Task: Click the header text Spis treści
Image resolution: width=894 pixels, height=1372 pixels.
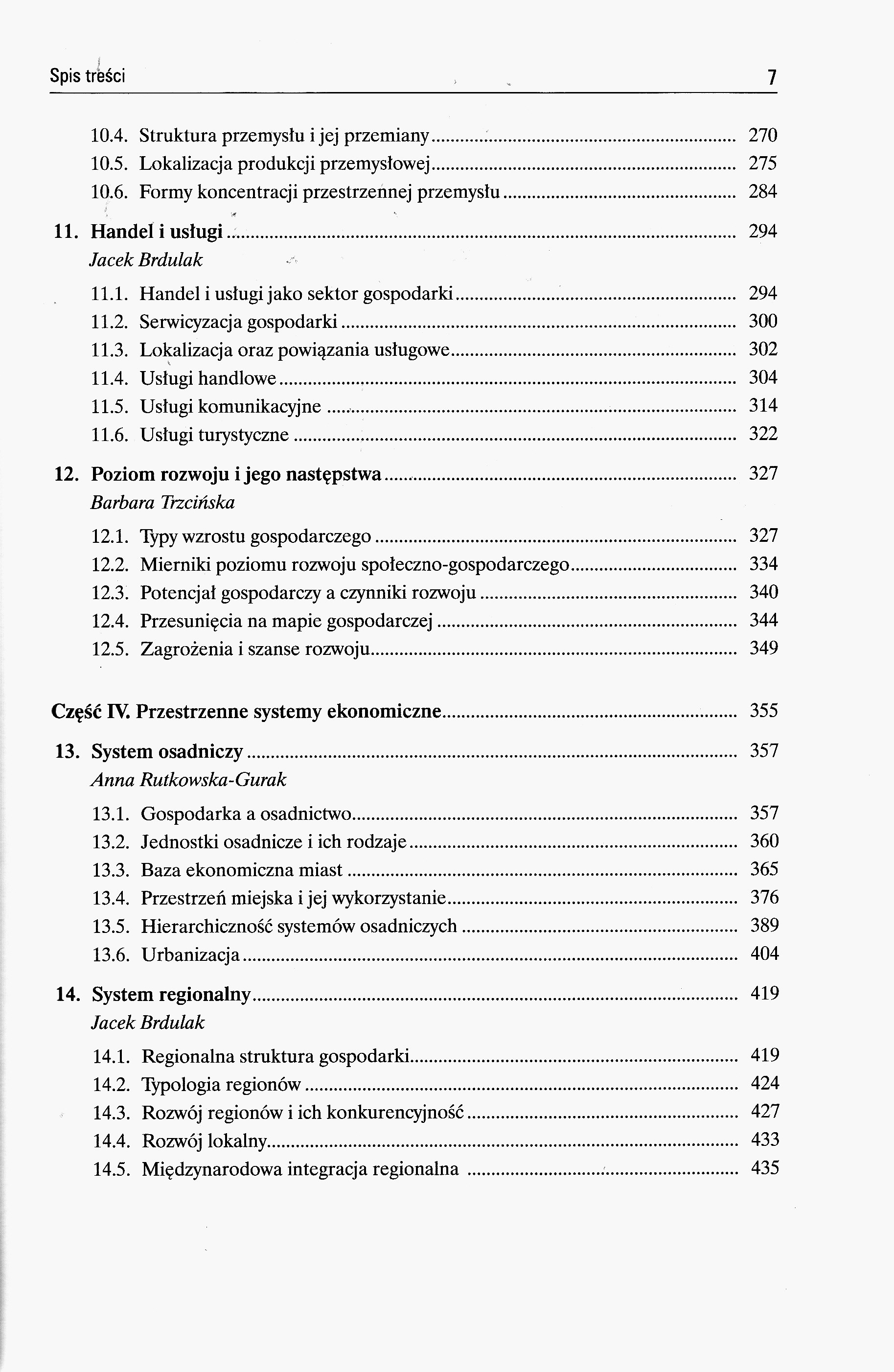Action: click(88, 75)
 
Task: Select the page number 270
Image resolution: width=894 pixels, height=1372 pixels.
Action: click(762, 136)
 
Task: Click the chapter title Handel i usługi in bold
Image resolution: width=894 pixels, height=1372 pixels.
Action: click(157, 232)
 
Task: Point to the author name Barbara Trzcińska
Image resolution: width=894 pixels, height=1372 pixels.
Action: click(162, 503)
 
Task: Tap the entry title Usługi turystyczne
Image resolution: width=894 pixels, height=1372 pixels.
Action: click(214, 434)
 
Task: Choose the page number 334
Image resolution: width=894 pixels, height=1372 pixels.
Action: click(764, 564)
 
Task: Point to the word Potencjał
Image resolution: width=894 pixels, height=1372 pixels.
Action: click(178, 593)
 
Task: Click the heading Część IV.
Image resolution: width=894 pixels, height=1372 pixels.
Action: click(91, 711)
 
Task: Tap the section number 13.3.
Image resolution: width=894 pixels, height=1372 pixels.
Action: click(110, 869)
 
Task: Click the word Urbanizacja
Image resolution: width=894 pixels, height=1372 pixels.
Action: click(190, 954)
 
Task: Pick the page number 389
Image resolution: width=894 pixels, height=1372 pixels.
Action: click(764, 926)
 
